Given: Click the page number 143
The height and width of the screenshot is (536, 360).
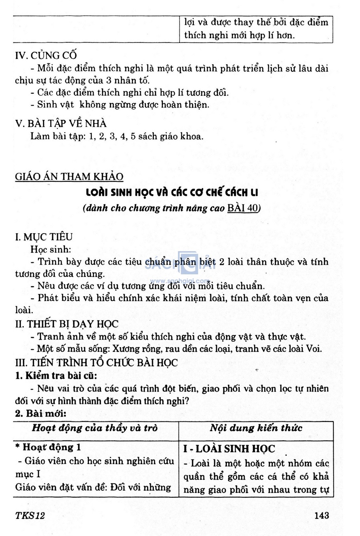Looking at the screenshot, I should [322, 515].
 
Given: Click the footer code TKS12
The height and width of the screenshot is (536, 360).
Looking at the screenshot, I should [30, 515].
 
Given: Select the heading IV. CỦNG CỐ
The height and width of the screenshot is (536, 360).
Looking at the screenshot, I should [46, 55].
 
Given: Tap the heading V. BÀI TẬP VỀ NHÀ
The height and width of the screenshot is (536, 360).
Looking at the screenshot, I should [60, 124].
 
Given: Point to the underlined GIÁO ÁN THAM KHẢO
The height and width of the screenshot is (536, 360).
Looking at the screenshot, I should [69, 176].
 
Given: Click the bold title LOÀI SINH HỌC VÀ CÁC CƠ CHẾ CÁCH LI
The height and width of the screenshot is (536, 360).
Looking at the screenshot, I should [172, 192].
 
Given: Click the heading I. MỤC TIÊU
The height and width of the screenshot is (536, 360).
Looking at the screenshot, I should [44, 237].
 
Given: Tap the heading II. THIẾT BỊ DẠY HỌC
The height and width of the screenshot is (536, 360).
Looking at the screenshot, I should [67, 324].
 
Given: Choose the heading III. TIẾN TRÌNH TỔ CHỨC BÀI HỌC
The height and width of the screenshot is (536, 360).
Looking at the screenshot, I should [97, 362].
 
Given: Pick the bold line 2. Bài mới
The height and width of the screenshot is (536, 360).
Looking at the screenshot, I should [41, 413].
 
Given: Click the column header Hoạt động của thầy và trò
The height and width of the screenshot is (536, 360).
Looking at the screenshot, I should [95, 428].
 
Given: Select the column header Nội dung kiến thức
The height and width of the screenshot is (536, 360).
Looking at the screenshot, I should [256, 428].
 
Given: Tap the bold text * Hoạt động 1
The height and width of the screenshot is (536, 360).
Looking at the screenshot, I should [48, 447].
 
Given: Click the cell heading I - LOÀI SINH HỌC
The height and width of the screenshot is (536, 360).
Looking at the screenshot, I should [229, 449].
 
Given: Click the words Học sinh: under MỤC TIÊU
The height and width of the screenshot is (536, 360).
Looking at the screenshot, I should [51, 249].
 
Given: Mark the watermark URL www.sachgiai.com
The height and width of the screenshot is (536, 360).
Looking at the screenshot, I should [179, 281].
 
